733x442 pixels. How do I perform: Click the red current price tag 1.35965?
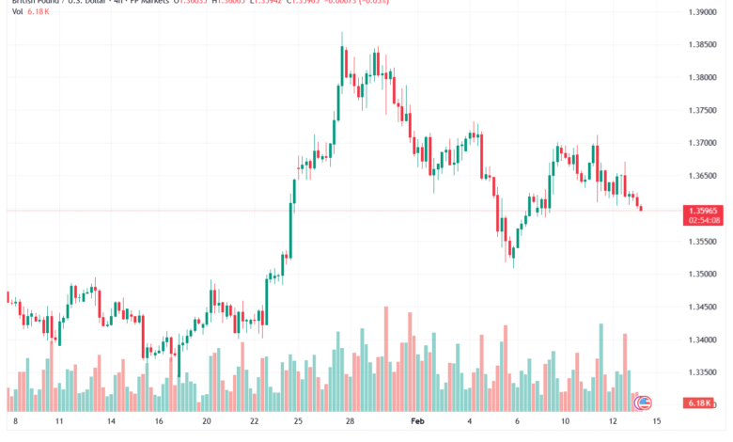(704, 210)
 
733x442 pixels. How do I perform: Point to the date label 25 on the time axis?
(297, 423)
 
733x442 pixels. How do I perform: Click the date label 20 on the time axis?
(206, 423)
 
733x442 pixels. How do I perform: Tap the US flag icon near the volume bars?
(644, 403)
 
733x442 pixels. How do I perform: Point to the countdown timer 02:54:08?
(704, 220)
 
